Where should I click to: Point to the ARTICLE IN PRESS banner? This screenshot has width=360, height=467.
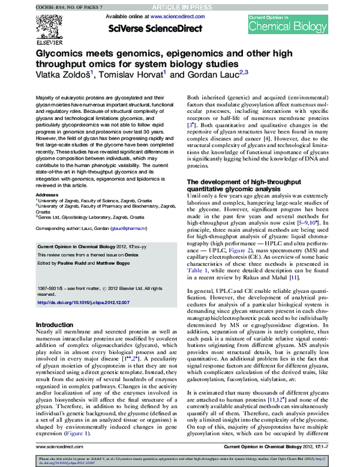(180, 5)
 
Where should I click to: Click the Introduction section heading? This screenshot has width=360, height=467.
(55, 325)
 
